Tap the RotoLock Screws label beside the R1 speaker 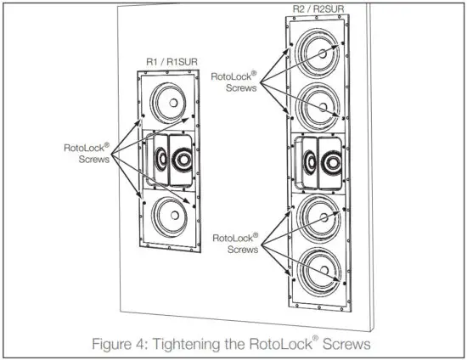(x=86, y=154)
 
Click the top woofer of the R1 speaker (x=169, y=104)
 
